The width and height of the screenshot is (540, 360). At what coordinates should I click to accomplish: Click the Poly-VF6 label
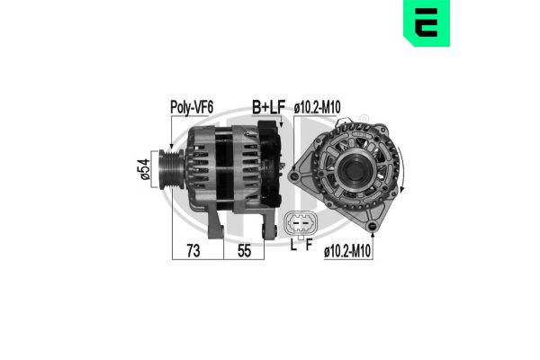(192, 107)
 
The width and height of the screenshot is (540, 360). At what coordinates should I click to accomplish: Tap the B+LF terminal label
(268, 107)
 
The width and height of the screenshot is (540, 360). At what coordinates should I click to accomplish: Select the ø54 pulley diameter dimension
(145, 169)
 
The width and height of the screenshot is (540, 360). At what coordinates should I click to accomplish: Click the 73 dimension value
(193, 251)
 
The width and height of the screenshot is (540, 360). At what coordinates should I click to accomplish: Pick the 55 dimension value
(244, 251)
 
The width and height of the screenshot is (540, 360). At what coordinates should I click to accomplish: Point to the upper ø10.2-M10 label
(317, 107)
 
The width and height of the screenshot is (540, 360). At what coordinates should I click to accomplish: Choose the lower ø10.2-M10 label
(347, 251)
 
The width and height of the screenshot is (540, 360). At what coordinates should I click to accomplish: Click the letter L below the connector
(293, 245)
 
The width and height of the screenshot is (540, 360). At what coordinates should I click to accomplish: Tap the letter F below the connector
(309, 245)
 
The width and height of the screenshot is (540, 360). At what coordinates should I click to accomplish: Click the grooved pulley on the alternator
(172, 169)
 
